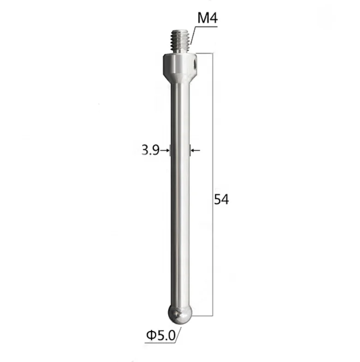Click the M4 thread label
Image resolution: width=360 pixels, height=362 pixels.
click(x=207, y=19)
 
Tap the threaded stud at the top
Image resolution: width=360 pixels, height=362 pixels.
click(x=180, y=41)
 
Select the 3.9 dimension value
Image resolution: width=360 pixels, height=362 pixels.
click(x=150, y=149)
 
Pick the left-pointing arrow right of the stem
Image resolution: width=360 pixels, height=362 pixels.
click(x=195, y=150)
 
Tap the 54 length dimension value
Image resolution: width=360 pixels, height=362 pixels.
click(x=221, y=200)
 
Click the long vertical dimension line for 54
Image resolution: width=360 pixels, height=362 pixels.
click(x=212, y=184)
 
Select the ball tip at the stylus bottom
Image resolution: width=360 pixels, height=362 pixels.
click(x=180, y=314)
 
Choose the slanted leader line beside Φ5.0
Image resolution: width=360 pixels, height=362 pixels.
click(x=178, y=336)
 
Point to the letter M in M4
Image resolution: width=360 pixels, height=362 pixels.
click(x=203, y=19)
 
